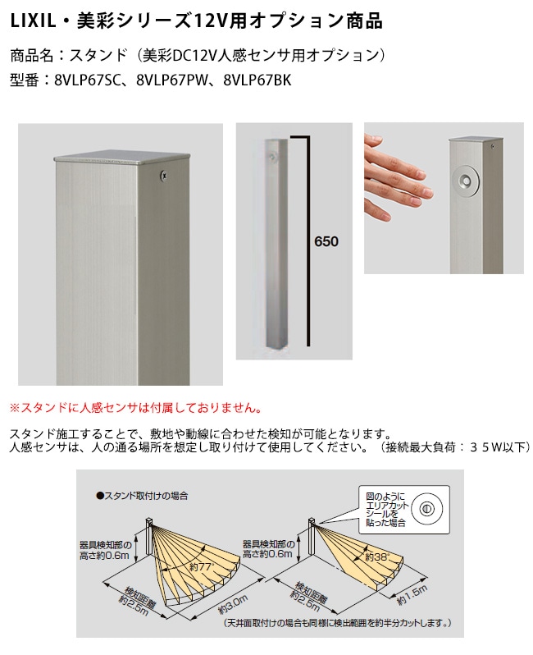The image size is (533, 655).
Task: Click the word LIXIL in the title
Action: (33, 21)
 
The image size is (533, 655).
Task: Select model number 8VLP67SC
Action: (86, 80)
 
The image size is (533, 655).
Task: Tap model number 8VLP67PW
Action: (172, 80)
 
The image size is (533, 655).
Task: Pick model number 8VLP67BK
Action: (257, 80)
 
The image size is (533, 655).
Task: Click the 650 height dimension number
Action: (326, 241)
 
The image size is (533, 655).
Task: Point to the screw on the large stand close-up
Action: (164, 176)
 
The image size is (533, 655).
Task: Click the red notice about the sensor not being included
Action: (136, 408)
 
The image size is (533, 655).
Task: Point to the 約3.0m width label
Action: (233, 604)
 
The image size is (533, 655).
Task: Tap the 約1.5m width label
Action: (412, 595)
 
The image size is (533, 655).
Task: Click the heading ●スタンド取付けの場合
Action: (143, 496)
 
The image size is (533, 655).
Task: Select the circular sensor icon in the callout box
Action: (426, 509)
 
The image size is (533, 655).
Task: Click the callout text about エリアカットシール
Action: (386, 509)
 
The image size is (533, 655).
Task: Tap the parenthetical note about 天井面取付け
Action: (337, 623)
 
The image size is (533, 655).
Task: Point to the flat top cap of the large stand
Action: (122, 157)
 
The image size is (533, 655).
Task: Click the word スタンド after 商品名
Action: (98, 55)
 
